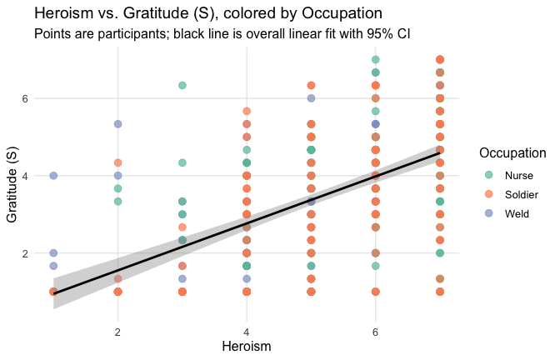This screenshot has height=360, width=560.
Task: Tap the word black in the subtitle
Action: (x=218, y=35)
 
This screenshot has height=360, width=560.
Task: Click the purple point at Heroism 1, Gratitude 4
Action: (x=53, y=176)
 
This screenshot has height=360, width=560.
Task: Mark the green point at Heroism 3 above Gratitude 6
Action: (x=182, y=85)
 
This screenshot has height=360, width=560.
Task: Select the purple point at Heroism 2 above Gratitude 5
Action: (x=118, y=124)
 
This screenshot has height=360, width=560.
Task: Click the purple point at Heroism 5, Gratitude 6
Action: (x=311, y=98)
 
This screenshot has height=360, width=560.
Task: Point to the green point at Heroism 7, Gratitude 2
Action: (x=440, y=252)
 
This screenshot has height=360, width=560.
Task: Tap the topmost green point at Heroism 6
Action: (x=376, y=60)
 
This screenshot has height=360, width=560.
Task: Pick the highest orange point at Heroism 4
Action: (x=247, y=111)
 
